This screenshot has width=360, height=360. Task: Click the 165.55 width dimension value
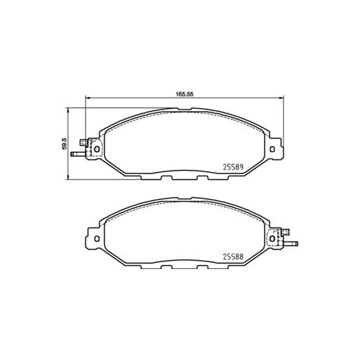coord(184,94)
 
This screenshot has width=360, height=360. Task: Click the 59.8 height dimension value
coord(64,144)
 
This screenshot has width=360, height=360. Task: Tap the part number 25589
coord(233,167)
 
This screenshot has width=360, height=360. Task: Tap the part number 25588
coord(233,257)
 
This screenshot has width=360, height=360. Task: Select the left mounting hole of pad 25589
coord(97,149)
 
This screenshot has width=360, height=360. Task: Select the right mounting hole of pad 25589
coord(272,149)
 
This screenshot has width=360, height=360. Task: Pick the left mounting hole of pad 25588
coord(97,239)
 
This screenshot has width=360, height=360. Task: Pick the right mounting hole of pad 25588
coord(272,239)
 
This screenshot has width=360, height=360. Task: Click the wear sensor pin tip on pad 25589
coord(72,154)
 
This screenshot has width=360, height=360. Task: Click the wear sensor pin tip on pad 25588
coord(297,244)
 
